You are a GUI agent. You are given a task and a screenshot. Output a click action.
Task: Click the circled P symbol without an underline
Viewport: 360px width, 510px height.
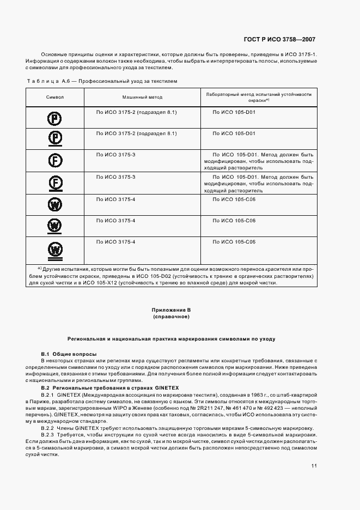(x=55, y=118)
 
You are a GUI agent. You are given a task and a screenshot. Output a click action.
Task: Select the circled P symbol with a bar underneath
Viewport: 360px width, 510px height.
(x=55, y=138)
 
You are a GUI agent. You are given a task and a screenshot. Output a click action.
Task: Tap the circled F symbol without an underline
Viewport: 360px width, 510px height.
(x=55, y=161)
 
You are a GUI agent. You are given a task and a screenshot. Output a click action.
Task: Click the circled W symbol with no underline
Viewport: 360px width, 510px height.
(x=55, y=204)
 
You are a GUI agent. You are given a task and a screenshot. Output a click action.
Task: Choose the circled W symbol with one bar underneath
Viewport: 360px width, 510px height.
(x=55, y=225)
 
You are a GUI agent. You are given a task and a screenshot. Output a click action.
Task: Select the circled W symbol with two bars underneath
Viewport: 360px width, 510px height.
(x=55, y=249)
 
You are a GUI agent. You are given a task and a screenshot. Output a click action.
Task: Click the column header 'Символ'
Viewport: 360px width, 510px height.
(x=55, y=97)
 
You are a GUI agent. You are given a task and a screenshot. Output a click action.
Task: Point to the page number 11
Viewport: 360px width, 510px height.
(x=314, y=466)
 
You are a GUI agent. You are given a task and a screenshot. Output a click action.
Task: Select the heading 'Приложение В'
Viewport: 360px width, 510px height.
(x=170, y=310)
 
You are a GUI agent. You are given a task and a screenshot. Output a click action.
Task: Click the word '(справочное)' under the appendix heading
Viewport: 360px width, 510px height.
(x=170, y=317)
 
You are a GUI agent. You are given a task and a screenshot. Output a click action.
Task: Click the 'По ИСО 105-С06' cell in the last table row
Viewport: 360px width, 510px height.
(x=234, y=241)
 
